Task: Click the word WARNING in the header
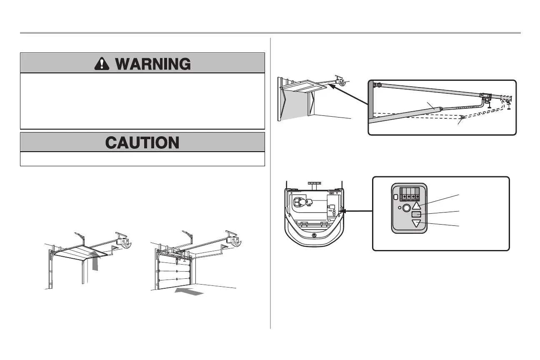point(153,63)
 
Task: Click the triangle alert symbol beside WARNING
point(100,63)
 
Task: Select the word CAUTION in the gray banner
point(142,142)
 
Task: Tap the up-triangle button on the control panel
point(416,205)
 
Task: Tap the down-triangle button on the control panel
point(416,223)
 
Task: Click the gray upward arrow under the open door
point(96,264)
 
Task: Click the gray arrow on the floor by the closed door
point(189,291)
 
